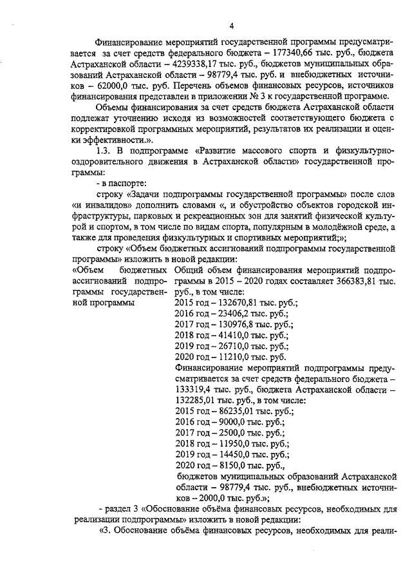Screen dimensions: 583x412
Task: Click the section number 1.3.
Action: [x=104, y=149]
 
